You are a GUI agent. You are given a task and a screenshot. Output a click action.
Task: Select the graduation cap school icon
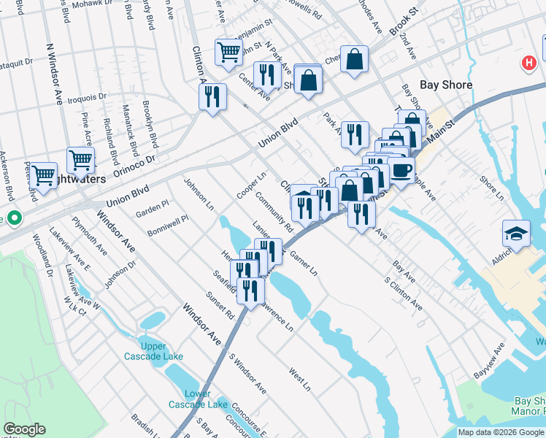[x=516, y=234]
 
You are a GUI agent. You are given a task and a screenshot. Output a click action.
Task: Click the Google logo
[x=24, y=429]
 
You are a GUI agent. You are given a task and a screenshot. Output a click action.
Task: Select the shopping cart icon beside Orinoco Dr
[x=80, y=160]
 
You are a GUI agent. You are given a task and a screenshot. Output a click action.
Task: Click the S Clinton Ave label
[x=404, y=292]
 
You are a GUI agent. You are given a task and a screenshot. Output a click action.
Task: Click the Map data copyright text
[x=501, y=432]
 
